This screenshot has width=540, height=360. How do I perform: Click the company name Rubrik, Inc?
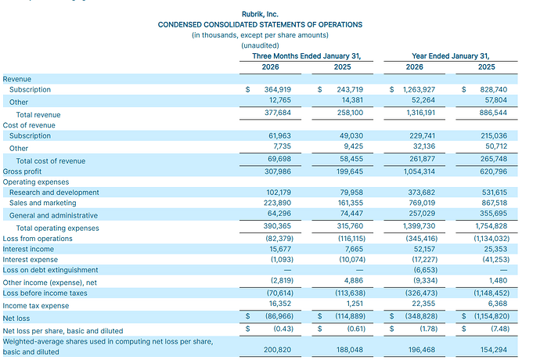tap(260, 14)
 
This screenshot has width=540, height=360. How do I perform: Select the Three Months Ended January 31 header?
tap(307, 56)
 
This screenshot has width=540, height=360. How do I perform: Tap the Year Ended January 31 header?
tap(451, 56)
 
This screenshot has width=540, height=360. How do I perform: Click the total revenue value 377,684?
tap(278, 113)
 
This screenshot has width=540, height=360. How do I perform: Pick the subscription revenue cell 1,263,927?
tap(419, 89)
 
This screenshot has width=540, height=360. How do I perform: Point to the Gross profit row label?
tap(22, 171)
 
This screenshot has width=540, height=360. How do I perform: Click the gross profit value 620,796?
tap(494, 171)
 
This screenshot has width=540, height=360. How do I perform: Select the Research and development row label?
tap(54, 193)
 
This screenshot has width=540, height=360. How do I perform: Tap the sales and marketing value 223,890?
tap(277, 203)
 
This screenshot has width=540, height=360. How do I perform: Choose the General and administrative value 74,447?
tap(351, 214)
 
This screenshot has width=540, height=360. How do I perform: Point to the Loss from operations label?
tap(38, 239)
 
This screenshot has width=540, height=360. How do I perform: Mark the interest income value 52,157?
tap(424, 249)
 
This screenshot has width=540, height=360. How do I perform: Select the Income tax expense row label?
tap(36, 306)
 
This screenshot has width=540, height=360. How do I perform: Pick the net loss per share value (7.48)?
tap(500, 329)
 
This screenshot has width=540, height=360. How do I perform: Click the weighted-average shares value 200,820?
tap(277, 350)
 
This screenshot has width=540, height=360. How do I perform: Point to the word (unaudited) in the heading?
tap(260, 45)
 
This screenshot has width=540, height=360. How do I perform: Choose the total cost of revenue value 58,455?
tap(351, 159)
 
